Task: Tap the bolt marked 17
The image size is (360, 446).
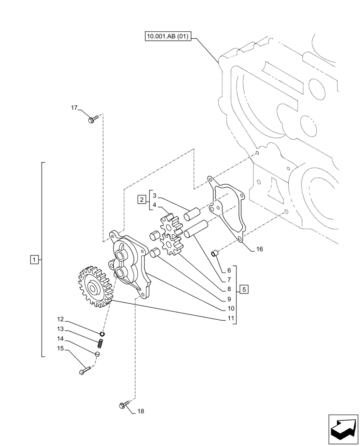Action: (x=92, y=119)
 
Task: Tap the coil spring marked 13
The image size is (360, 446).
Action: (x=100, y=343)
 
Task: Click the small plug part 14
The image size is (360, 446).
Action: (x=97, y=354)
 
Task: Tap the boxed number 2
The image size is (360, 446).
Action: (x=141, y=199)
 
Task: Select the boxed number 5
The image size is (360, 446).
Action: (x=244, y=289)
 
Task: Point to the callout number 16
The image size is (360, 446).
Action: (x=259, y=249)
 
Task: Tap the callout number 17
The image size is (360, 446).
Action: (x=74, y=108)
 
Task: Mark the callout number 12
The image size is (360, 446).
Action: (x=61, y=319)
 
